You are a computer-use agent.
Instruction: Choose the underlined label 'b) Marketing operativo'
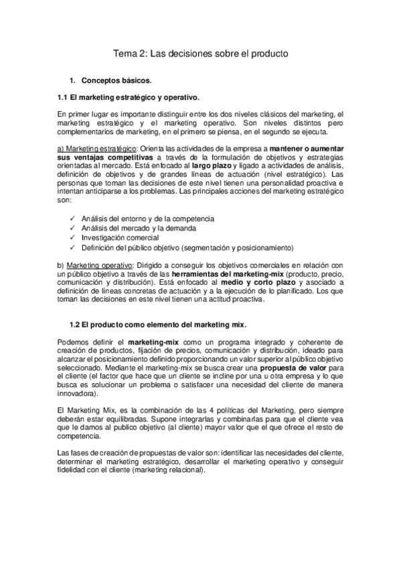click(x=96, y=266)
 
